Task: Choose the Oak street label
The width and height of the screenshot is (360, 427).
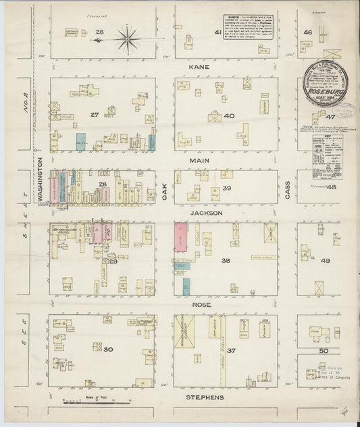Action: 164,186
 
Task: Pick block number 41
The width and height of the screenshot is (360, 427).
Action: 217,32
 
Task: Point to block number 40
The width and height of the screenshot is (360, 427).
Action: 230,116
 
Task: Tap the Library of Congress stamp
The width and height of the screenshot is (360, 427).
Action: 330,370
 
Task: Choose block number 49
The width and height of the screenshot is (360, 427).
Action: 326,261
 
